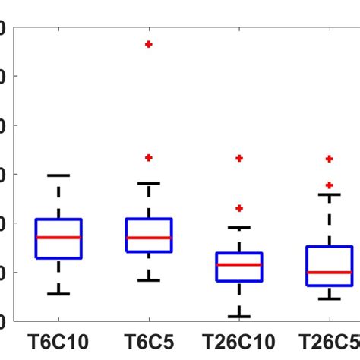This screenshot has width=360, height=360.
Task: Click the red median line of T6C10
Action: click(58, 237)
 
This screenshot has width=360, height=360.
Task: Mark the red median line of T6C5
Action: click(149, 238)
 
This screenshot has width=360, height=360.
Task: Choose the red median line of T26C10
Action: click(239, 264)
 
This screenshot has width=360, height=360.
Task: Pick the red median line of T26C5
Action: click(329, 272)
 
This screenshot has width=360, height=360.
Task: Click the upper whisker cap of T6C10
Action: click(58, 175)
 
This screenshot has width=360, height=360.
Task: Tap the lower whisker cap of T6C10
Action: click(58, 294)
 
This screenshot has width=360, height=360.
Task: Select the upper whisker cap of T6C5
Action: click(149, 183)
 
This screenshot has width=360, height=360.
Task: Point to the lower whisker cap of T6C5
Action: click(149, 280)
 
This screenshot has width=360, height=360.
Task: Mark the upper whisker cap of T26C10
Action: click(239, 227)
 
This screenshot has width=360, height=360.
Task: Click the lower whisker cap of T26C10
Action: click(239, 317)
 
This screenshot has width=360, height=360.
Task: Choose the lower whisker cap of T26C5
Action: click(329, 298)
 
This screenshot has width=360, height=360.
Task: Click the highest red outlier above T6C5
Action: click(149, 44)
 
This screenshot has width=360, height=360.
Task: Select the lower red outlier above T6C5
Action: click(149, 157)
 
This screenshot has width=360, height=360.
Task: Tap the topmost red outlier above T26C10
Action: click(239, 158)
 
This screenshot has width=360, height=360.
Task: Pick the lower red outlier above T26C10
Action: click(239, 207)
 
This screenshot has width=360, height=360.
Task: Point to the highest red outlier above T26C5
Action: click(329, 159)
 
